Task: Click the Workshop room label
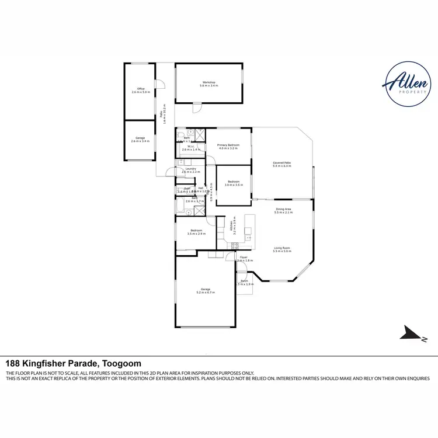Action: click(209, 84)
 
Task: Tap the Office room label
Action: click(141, 91)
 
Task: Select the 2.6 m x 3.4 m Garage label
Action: click(141, 140)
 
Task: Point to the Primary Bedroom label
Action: click(228, 146)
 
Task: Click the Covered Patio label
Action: click(282, 164)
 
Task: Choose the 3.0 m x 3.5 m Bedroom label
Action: click(234, 183)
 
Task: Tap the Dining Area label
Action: click(283, 211)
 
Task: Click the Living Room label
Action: click(282, 249)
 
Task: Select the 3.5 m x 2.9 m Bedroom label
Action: click(196, 232)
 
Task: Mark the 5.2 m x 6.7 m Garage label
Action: click(206, 291)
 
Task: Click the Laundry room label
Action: click(191, 170)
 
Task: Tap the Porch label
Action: click(244, 282)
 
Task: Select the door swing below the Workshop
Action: click(197, 108)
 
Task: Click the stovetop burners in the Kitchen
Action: click(249, 237)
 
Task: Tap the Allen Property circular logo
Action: click(408, 85)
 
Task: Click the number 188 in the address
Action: click(13, 363)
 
